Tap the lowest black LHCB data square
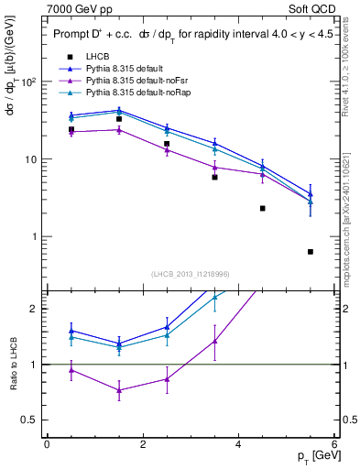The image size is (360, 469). (x=311, y=252)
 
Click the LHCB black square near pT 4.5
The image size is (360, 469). (x=263, y=209)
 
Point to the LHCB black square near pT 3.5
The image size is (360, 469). (x=214, y=177)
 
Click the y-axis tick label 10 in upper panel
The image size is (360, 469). (x=31, y=159)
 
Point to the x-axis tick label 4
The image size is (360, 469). (x=238, y=444)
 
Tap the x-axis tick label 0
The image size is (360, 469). (x=47, y=444)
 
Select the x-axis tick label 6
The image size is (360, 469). (x=334, y=444)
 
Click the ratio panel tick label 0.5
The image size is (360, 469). (x=30, y=420)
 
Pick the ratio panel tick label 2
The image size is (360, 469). (x=34, y=309)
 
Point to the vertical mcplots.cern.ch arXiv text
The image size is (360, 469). (x=350, y=220)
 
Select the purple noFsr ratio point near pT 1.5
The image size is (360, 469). (x=119, y=390)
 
